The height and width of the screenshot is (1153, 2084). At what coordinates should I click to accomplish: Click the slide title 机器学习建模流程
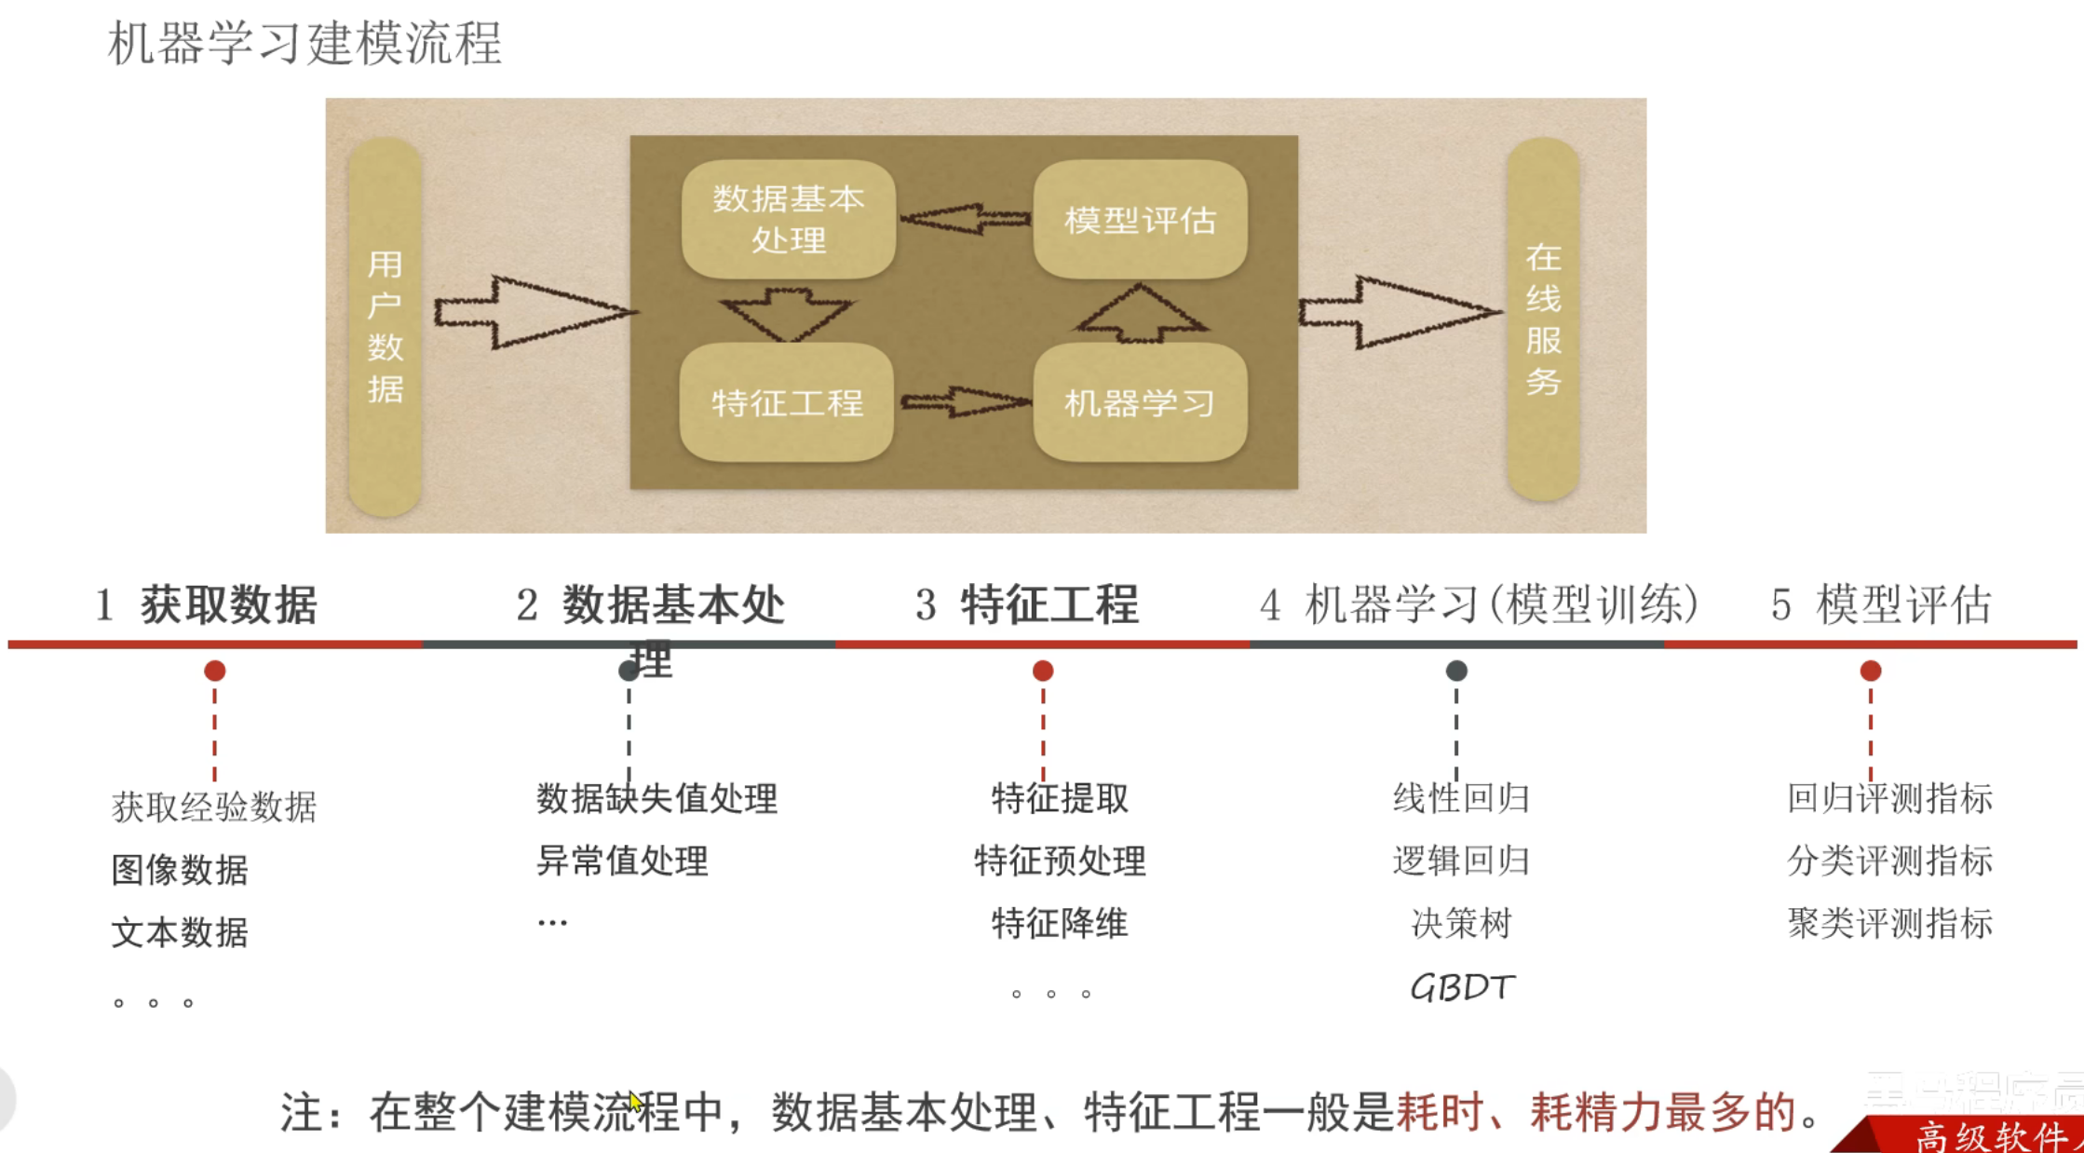[304, 43]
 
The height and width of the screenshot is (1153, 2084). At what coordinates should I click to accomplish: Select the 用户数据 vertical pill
[385, 326]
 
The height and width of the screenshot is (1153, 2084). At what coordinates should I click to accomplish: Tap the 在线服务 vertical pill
[1543, 319]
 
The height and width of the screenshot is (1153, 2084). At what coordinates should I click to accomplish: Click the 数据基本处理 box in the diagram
[789, 219]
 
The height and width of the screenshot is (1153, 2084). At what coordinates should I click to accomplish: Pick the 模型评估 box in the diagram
[1140, 220]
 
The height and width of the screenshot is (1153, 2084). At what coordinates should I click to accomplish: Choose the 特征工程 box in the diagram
[787, 402]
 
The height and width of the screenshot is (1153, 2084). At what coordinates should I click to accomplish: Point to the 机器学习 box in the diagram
[1140, 402]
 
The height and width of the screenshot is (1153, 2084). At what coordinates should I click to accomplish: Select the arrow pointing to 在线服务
[1397, 312]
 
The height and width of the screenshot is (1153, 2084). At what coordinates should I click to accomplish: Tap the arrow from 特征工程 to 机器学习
[965, 402]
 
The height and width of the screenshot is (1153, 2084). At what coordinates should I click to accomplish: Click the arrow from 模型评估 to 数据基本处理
[965, 219]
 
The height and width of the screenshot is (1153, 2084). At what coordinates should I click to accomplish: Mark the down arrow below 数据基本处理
[787, 312]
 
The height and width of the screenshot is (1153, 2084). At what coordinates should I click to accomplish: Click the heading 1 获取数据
[207, 604]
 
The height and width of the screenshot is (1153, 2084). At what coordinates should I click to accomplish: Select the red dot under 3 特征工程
[1043, 671]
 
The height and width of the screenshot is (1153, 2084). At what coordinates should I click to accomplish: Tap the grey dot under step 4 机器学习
[1456, 671]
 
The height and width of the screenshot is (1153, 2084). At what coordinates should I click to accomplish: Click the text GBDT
[1462, 987]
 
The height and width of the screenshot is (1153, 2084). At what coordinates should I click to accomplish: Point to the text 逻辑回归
[1461, 861]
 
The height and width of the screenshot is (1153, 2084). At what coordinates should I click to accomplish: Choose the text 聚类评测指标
[1889, 923]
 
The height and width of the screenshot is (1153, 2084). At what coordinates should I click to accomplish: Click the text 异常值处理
[622, 861]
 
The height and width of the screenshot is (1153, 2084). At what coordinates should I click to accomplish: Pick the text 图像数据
[180, 869]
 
